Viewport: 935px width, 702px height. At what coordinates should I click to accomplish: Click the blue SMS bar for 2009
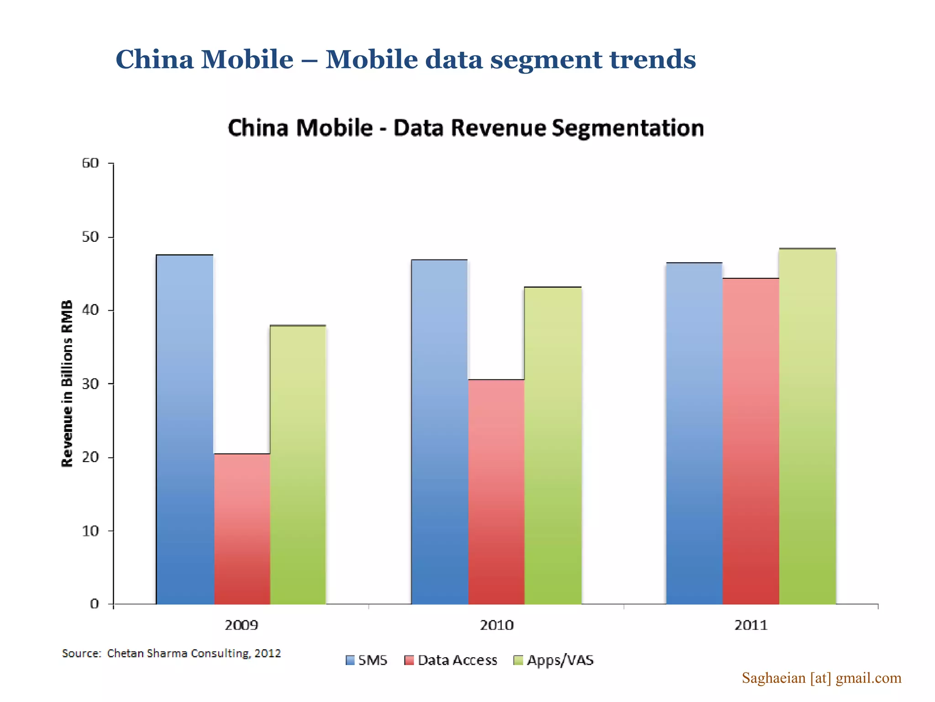(x=185, y=430)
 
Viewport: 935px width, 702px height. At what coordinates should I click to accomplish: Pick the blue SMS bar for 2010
(x=440, y=432)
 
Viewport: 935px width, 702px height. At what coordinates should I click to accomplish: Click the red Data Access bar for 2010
(x=496, y=492)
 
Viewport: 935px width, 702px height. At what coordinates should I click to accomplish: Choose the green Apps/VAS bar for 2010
(x=553, y=446)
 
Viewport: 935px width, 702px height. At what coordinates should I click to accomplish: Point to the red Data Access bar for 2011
(x=751, y=441)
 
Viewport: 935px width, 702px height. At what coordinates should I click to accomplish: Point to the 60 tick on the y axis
(x=90, y=163)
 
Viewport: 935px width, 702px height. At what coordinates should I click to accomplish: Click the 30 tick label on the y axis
(x=90, y=384)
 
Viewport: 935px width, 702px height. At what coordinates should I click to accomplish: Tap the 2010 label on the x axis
(x=496, y=625)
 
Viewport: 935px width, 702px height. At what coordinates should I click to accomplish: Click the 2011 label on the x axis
(x=751, y=625)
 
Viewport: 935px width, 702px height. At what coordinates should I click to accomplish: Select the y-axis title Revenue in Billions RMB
(x=67, y=383)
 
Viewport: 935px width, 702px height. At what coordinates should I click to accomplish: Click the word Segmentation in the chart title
(x=628, y=128)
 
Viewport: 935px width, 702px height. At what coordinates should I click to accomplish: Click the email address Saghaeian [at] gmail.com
(x=821, y=678)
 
